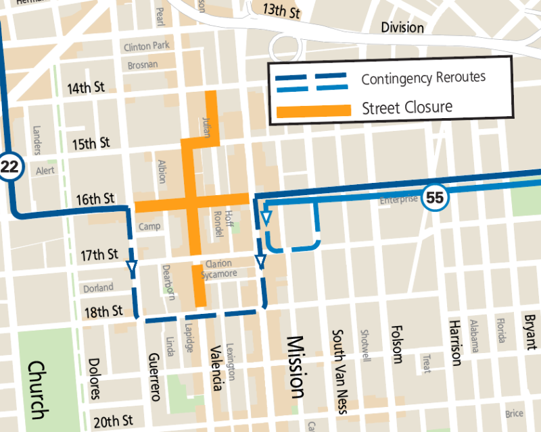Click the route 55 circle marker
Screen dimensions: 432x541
click(x=436, y=198)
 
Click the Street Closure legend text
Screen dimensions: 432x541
click(x=407, y=107)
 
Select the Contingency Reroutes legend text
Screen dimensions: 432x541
click(x=423, y=78)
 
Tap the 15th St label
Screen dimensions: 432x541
click(x=91, y=143)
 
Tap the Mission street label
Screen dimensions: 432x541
click(x=295, y=367)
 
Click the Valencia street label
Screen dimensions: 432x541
click(x=216, y=368)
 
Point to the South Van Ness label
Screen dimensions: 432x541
click(x=337, y=372)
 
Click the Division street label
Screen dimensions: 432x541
click(x=402, y=28)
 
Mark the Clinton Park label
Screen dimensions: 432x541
click(x=147, y=47)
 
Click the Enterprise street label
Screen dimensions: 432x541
click(x=399, y=200)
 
